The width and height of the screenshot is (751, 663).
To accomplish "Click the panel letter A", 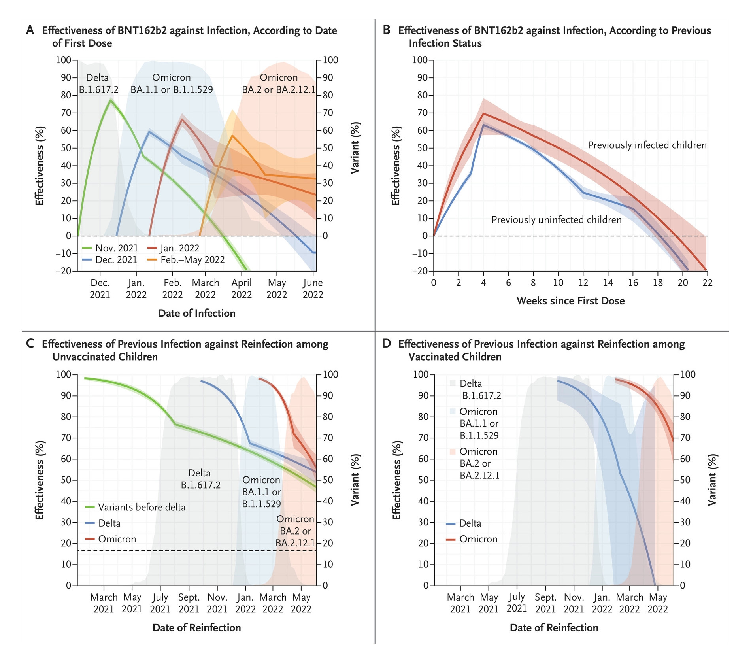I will coord(30,30).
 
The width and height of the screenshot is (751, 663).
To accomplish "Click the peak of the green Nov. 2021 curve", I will coord(110,100).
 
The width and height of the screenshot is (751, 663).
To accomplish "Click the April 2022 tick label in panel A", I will coord(242,289).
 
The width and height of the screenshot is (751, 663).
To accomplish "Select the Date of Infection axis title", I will coord(196,313).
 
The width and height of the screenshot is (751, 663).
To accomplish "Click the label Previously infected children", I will coord(647,145).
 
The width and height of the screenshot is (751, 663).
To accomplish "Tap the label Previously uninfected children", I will coord(556,220).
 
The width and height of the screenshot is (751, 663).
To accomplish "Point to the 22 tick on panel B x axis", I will coord(708,283).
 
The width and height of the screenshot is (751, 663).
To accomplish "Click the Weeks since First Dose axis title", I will coord(570,301).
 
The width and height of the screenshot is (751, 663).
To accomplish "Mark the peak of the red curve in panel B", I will coord(483,114).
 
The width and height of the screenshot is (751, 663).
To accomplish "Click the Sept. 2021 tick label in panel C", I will coord(189,603).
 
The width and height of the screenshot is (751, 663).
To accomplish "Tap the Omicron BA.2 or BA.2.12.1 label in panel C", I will coord(295,531).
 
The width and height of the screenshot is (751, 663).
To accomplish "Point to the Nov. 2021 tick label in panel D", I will coord(574,603).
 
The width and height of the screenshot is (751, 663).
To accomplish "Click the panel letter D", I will coord(386,344).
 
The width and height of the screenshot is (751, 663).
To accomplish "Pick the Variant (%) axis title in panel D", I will coord(712,480).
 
